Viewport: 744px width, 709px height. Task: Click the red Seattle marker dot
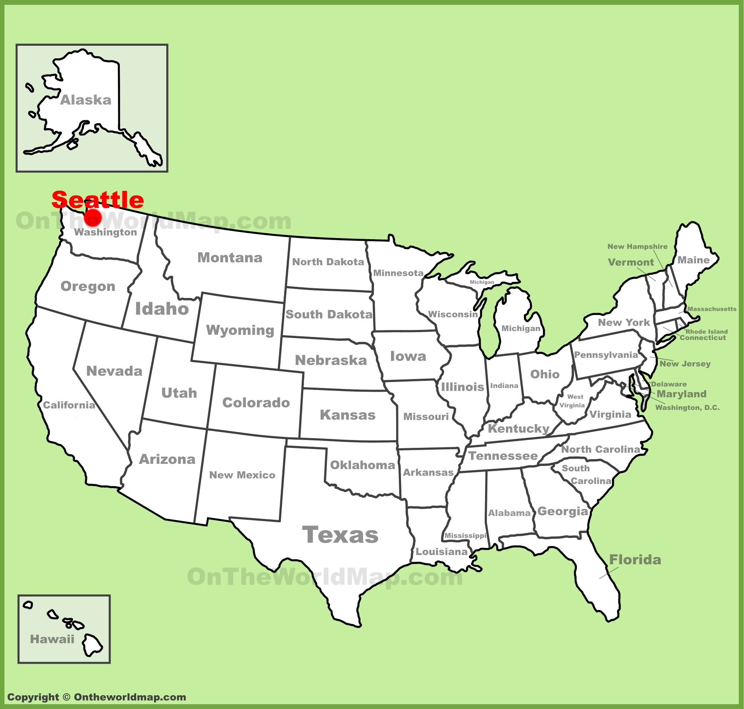tap(93, 218)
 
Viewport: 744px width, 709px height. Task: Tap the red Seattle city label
tap(97, 199)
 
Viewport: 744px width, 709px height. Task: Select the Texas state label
tap(340, 535)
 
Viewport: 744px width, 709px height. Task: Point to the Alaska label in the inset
tap(86, 100)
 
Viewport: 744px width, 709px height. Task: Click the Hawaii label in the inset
tap(52, 639)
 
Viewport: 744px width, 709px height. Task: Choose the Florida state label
tap(635, 560)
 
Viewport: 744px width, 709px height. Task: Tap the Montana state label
tap(230, 258)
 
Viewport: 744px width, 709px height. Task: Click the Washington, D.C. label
tap(687, 407)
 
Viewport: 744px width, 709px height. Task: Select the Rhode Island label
tap(706, 331)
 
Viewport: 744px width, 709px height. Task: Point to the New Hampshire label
tap(637, 246)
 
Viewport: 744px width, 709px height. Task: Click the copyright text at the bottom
tap(97, 697)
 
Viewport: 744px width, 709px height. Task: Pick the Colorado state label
tap(256, 402)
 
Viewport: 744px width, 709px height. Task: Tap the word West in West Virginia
tap(575, 397)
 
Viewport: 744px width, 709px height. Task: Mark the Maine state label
tap(693, 260)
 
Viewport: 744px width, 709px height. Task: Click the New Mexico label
tap(242, 475)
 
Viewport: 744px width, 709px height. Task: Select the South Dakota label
tap(329, 314)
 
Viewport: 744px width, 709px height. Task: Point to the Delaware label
tap(668, 384)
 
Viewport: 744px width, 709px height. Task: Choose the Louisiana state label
tap(441, 552)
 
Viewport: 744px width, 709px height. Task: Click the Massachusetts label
tap(712, 309)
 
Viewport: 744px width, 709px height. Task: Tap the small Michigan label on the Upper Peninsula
tap(482, 282)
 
